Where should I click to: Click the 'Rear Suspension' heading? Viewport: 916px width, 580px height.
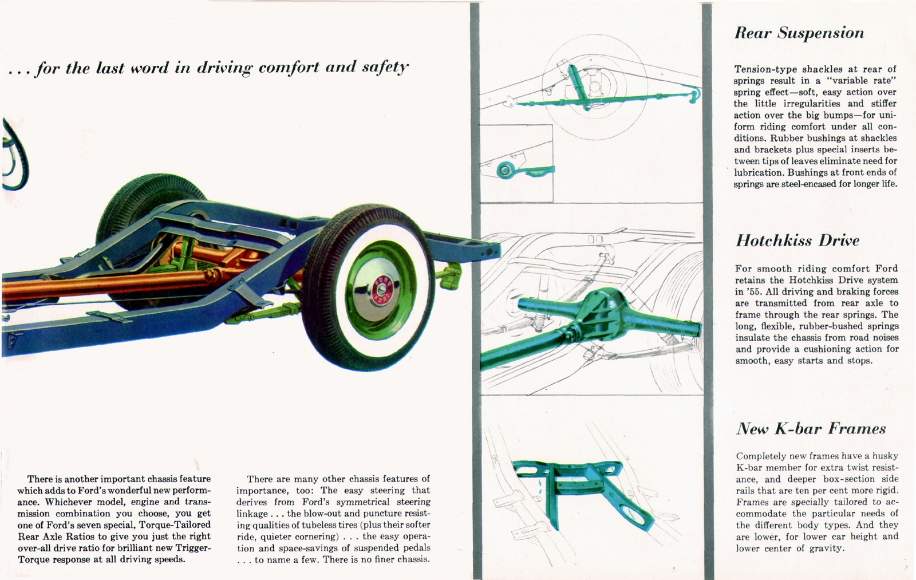799,33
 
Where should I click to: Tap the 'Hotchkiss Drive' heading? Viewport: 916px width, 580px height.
797,240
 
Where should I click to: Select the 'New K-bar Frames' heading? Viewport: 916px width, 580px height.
811,429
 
